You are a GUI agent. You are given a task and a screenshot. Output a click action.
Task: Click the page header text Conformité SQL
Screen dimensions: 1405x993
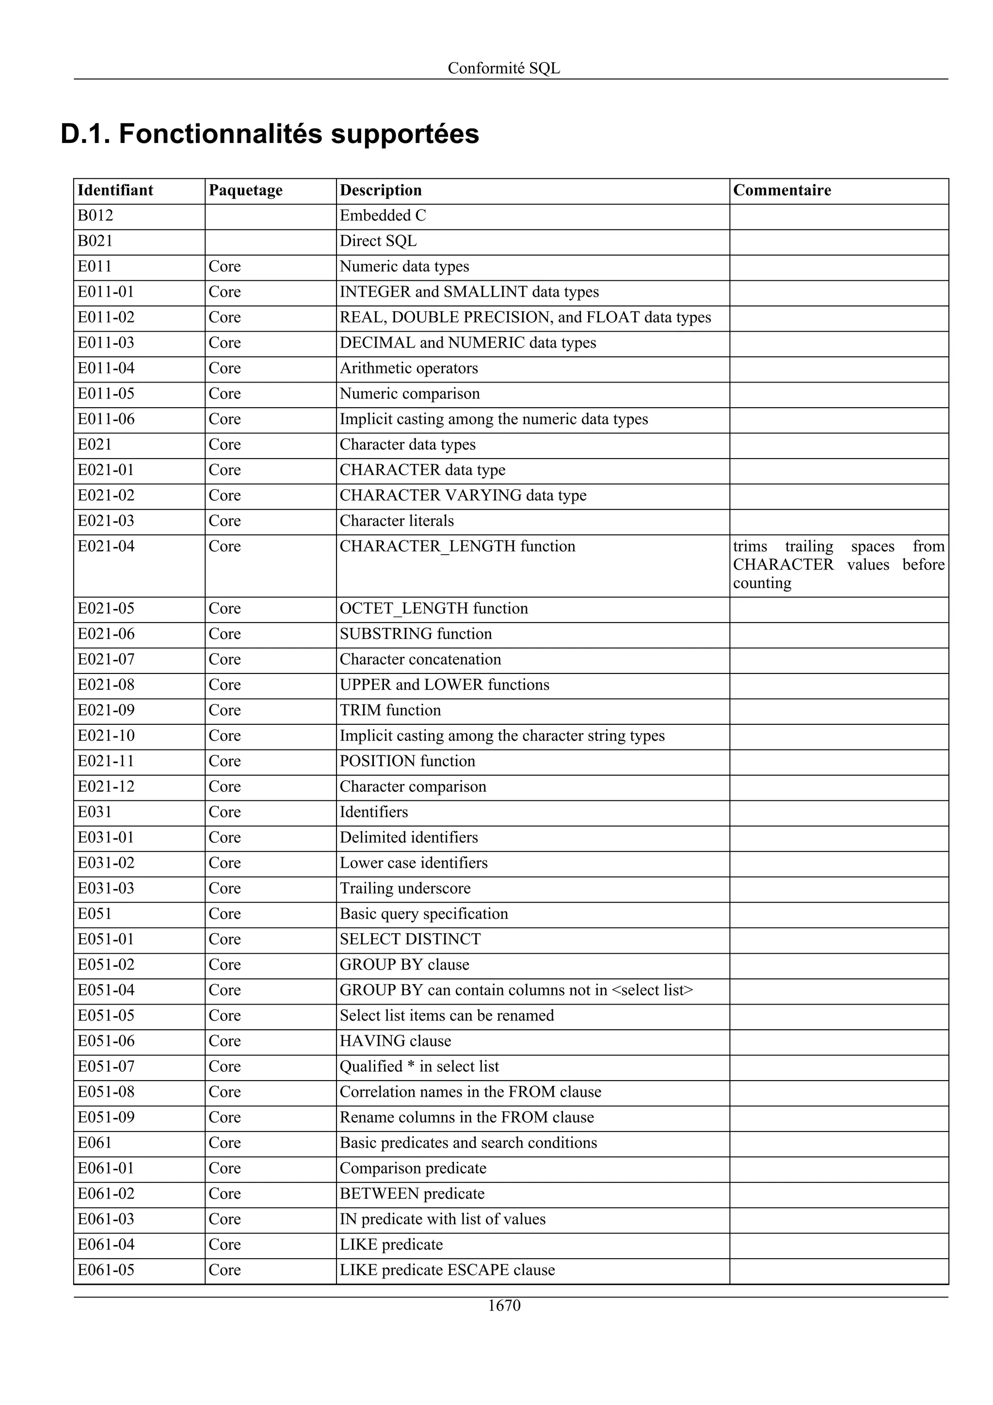click(504, 68)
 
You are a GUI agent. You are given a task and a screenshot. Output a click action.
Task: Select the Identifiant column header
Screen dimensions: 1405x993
click(115, 191)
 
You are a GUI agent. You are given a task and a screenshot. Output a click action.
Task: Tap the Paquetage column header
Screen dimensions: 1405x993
click(245, 191)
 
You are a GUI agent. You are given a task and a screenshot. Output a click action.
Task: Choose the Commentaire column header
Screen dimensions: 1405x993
click(782, 191)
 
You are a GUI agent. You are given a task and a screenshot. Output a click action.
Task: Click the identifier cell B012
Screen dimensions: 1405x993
click(96, 216)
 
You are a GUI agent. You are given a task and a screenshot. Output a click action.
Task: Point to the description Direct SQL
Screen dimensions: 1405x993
click(378, 241)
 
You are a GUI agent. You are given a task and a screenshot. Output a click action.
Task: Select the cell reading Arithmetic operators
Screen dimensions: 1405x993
click(409, 368)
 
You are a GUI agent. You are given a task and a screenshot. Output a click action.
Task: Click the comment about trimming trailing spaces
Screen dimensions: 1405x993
click(838, 565)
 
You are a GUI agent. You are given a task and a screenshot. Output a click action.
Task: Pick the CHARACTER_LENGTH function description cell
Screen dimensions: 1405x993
click(457, 546)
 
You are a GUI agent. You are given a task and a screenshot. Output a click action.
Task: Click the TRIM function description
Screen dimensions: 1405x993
click(390, 710)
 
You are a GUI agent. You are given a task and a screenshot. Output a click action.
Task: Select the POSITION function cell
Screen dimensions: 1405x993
click(407, 761)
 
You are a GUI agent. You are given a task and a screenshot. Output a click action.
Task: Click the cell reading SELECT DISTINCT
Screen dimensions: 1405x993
click(410, 939)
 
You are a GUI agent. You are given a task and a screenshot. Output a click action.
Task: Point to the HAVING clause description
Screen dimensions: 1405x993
click(395, 1041)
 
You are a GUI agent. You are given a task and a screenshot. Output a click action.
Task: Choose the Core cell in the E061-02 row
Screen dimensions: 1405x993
click(224, 1194)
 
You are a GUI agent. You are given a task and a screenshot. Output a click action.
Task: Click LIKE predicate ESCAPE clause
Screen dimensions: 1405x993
click(447, 1270)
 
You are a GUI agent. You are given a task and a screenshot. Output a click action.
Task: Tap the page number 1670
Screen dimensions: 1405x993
click(504, 1306)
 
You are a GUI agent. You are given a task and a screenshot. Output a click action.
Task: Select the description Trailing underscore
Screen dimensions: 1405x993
click(405, 889)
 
